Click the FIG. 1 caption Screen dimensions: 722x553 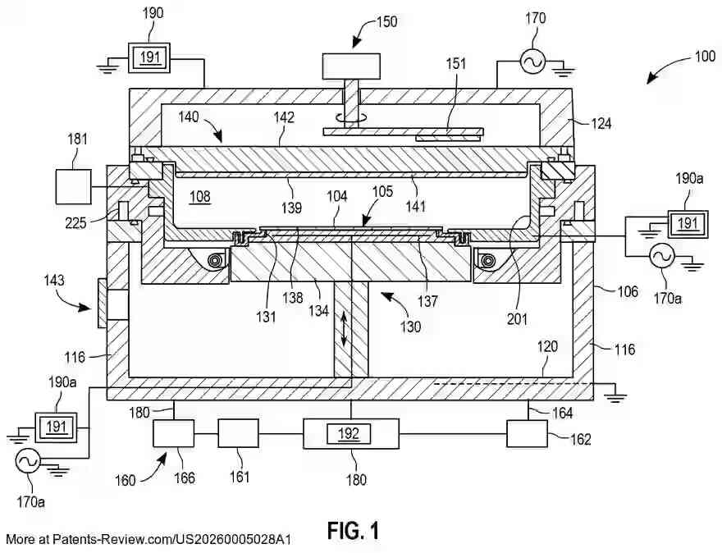[354, 531]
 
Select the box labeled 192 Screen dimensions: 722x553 [351, 434]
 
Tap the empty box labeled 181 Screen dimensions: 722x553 [73, 186]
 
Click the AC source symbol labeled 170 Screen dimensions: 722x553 [532, 61]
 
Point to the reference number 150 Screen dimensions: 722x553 [386, 21]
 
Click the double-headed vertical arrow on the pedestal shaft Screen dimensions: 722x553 [344, 329]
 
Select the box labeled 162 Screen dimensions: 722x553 [528, 434]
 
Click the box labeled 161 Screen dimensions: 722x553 [238, 433]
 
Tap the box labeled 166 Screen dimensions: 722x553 [173, 433]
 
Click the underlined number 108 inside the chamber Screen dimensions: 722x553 [200, 197]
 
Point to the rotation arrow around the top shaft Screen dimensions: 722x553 [351, 118]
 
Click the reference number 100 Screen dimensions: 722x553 [705, 56]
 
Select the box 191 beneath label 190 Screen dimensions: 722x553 [149, 57]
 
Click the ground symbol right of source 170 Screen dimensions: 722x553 [564, 70]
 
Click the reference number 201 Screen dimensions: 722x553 [517, 318]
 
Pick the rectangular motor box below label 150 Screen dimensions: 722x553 [351, 66]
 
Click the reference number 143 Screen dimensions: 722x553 [54, 281]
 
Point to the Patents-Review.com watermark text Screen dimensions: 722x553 [149, 540]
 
